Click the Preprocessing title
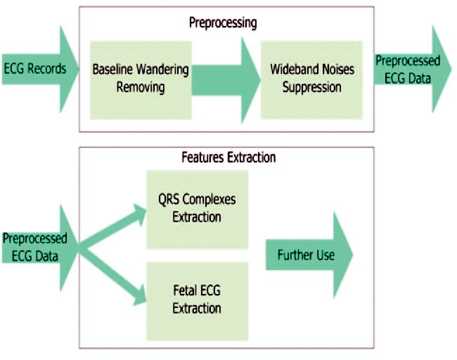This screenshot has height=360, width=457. (x=223, y=23)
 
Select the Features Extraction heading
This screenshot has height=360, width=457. (x=228, y=157)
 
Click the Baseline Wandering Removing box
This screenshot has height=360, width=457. (x=141, y=80)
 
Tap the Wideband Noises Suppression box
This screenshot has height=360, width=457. (x=311, y=80)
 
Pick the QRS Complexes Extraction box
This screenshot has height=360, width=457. (x=197, y=210)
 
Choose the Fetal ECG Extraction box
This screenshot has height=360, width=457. (x=197, y=302)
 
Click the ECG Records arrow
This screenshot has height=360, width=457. (x=40, y=70)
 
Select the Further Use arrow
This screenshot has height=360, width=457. (x=309, y=255)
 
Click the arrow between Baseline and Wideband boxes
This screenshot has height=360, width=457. (x=226, y=80)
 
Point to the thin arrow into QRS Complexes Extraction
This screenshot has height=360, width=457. (x=112, y=227)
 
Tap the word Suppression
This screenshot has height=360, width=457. (x=312, y=87)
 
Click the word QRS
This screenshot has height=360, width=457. (x=169, y=200)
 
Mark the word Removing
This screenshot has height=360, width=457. (x=141, y=87)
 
